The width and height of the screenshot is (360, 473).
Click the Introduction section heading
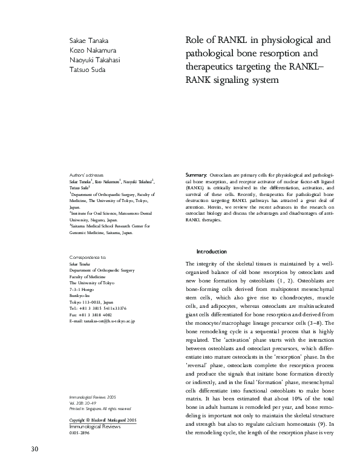211,252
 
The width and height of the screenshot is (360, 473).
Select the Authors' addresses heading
87,175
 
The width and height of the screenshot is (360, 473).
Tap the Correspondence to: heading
88,257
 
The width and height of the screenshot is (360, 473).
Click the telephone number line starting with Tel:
98,307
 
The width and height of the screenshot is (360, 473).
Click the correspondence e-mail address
102,322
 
